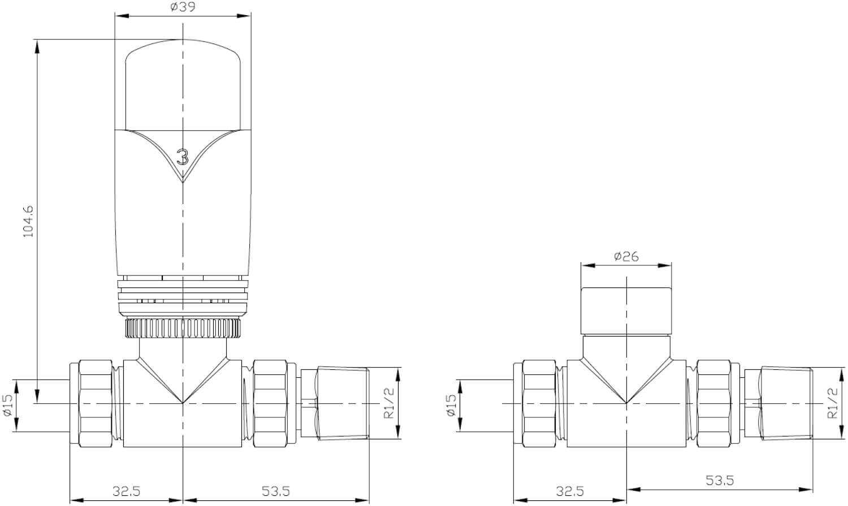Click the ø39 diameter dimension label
(x=183, y=7)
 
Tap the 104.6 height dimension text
(x=29, y=221)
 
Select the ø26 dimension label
(x=626, y=256)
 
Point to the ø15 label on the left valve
(x=8, y=405)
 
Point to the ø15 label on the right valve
(x=451, y=405)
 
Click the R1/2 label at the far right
(x=833, y=403)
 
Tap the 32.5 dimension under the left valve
(x=127, y=491)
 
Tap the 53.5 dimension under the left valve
(x=276, y=491)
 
